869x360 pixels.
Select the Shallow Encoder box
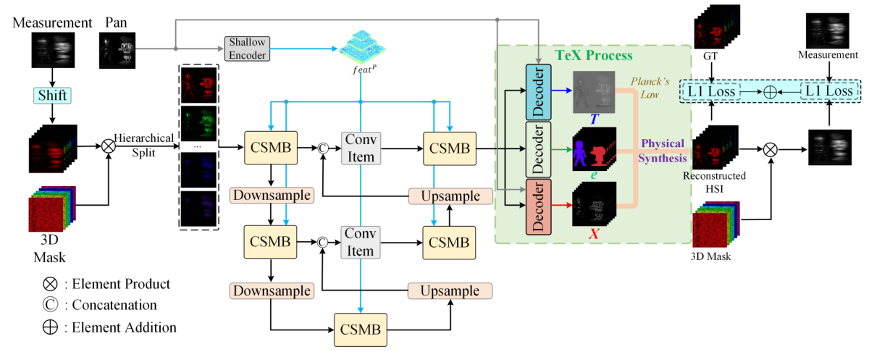(247, 49)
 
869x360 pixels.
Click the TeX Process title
(593, 55)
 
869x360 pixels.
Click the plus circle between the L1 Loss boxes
(770, 92)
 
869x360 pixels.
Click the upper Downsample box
(270, 196)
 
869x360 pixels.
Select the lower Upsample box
(450, 290)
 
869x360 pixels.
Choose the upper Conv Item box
(360, 148)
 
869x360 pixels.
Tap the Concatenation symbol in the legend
(49, 305)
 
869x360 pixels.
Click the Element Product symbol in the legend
(49, 284)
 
